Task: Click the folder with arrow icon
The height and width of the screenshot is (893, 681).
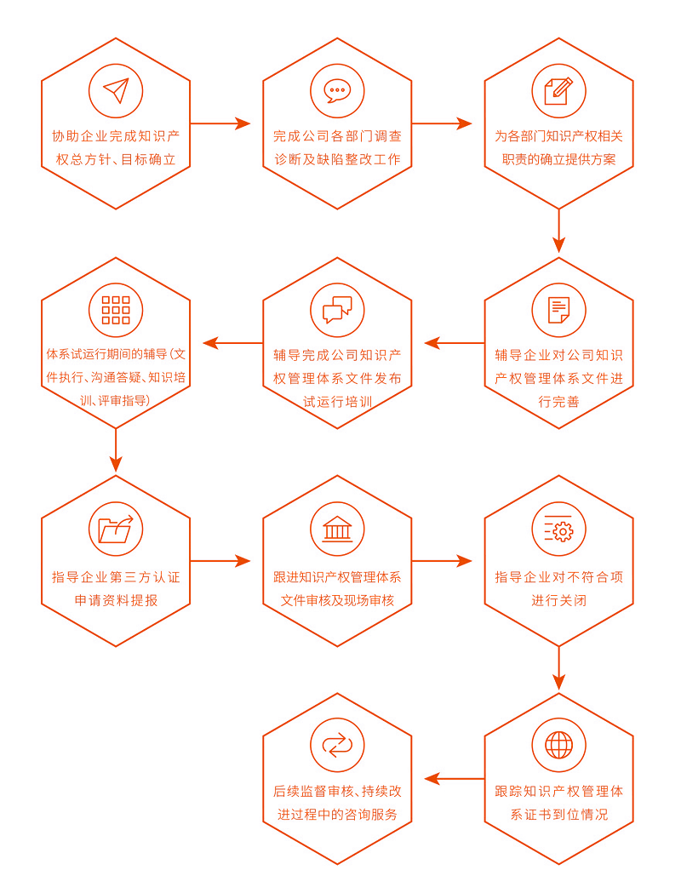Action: pyautogui.click(x=116, y=529)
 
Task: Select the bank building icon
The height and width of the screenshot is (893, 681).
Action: pyautogui.click(x=337, y=529)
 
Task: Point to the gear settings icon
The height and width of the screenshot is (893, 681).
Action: pyautogui.click(x=558, y=529)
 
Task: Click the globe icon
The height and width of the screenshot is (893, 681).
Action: pyautogui.click(x=558, y=745)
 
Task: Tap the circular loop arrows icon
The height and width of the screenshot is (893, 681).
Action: pyautogui.click(x=337, y=745)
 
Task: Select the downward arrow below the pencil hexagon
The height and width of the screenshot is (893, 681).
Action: pyautogui.click(x=558, y=232)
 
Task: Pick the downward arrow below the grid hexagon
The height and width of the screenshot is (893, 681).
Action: pyautogui.click(x=116, y=451)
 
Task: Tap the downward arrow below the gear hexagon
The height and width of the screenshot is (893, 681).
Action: pyautogui.click(x=558, y=668)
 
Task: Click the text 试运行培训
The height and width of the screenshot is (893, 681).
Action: pyautogui.click(x=337, y=401)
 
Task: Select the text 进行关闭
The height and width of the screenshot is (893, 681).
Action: pyautogui.click(x=558, y=600)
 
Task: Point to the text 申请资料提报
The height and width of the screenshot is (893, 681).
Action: pyautogui.click(x=116, y=600)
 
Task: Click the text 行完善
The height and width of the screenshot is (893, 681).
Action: pyautogui.click(x=558, y=401)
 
